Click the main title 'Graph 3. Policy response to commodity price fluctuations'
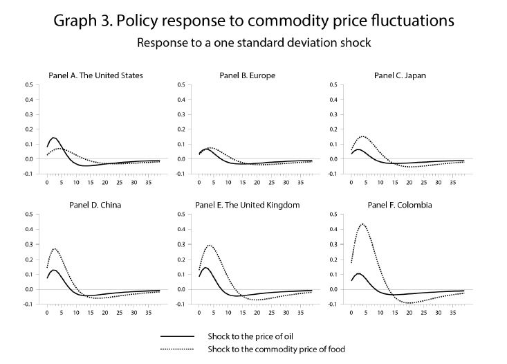[x=253, y=20]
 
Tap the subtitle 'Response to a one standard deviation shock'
[x=253, y=42]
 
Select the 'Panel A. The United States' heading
[x=95, y=75]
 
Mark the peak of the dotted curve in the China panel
[x=55, y=248]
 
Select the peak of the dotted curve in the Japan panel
[x=362, y=136]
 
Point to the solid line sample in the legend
[x=183, y=336]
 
